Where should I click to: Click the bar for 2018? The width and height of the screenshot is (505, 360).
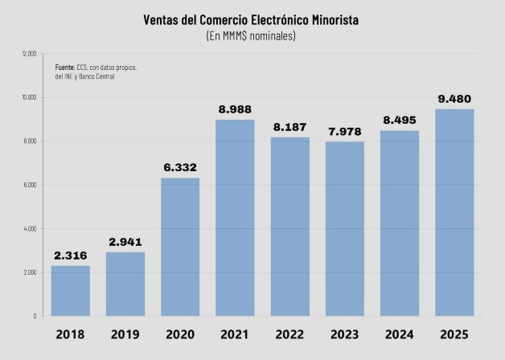(71, 290)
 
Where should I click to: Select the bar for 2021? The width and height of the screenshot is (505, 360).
(235, 217)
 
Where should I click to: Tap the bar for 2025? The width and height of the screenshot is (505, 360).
(454, 212)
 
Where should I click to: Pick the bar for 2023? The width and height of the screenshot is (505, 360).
(344, 228)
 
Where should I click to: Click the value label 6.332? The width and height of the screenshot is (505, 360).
(180, 168)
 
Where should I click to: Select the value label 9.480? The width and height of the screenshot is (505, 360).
(454, 99)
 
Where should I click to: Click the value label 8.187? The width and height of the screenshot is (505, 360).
(289, 127)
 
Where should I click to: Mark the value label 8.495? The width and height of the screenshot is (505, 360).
(399, 121)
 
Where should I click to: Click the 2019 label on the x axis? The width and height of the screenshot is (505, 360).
(125, 333)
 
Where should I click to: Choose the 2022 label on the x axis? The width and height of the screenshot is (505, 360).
(289, 333)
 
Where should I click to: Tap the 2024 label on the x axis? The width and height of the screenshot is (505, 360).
(399, 333)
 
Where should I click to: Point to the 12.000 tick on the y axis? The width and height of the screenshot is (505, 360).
(29, 54)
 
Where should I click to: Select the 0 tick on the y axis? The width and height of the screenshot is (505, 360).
(35, 316)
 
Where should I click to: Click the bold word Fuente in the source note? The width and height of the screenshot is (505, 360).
(64, 67)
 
